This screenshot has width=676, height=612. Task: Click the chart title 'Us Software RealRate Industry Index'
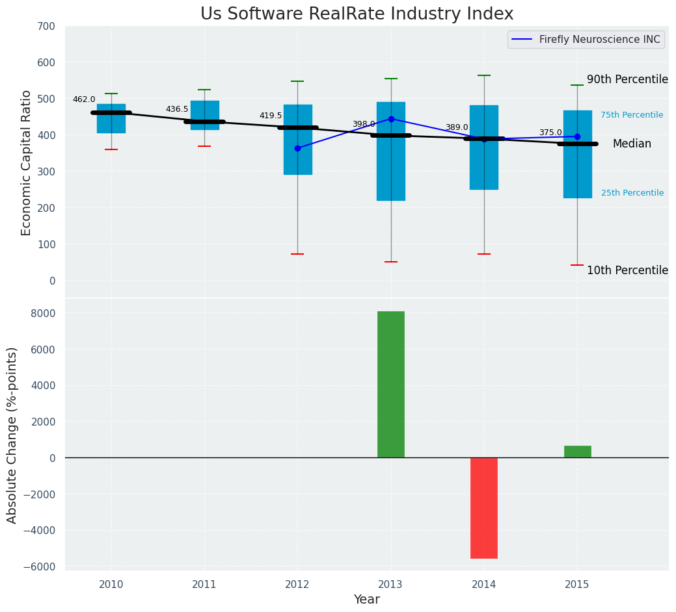tap(357, 14)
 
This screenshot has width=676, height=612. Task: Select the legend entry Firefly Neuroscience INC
tap(599, 40)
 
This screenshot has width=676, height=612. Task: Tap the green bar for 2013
tap(390, 384)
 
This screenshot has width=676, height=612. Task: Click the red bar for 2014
tap(484, 507)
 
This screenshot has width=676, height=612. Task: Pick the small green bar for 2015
tap(577, 452)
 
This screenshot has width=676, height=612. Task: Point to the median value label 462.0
tap(84, 99)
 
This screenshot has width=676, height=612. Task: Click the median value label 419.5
tap(271, 116)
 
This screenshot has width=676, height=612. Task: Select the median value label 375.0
tap(550, 133)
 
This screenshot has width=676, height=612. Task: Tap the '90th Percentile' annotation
tap(627, 79)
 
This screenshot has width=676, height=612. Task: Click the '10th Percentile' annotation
tap(627, 270)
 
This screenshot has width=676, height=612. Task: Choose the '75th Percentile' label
tap(632, 115)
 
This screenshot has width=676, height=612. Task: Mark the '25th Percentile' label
tap(632, 193)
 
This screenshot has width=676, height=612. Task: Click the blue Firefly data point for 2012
tap(297, 148)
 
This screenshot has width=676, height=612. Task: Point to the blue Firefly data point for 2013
tap(391, 119)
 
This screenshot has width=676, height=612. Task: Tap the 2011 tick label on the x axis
tap(204, 585)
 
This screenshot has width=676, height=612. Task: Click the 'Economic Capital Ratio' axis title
tap(27, 162)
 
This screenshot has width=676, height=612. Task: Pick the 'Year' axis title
tap(366, 600)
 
